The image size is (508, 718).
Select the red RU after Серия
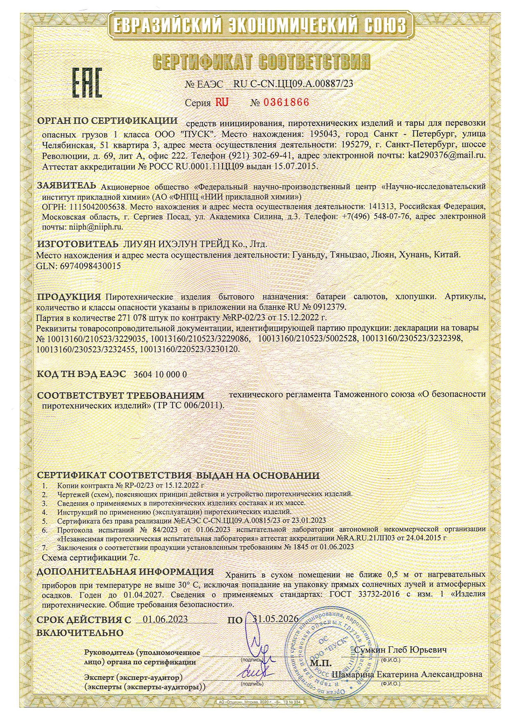click(222, 102)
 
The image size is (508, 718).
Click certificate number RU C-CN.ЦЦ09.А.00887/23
click(293, 84)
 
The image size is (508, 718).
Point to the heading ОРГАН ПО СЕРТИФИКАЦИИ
click(108, 121)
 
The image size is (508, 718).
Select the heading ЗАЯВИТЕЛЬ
click(67, 185)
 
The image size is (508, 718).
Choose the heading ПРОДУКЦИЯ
click(69, 296)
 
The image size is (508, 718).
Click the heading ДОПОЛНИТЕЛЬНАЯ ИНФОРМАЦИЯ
click(125, 572)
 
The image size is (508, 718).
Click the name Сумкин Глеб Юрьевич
click(400, 650)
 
